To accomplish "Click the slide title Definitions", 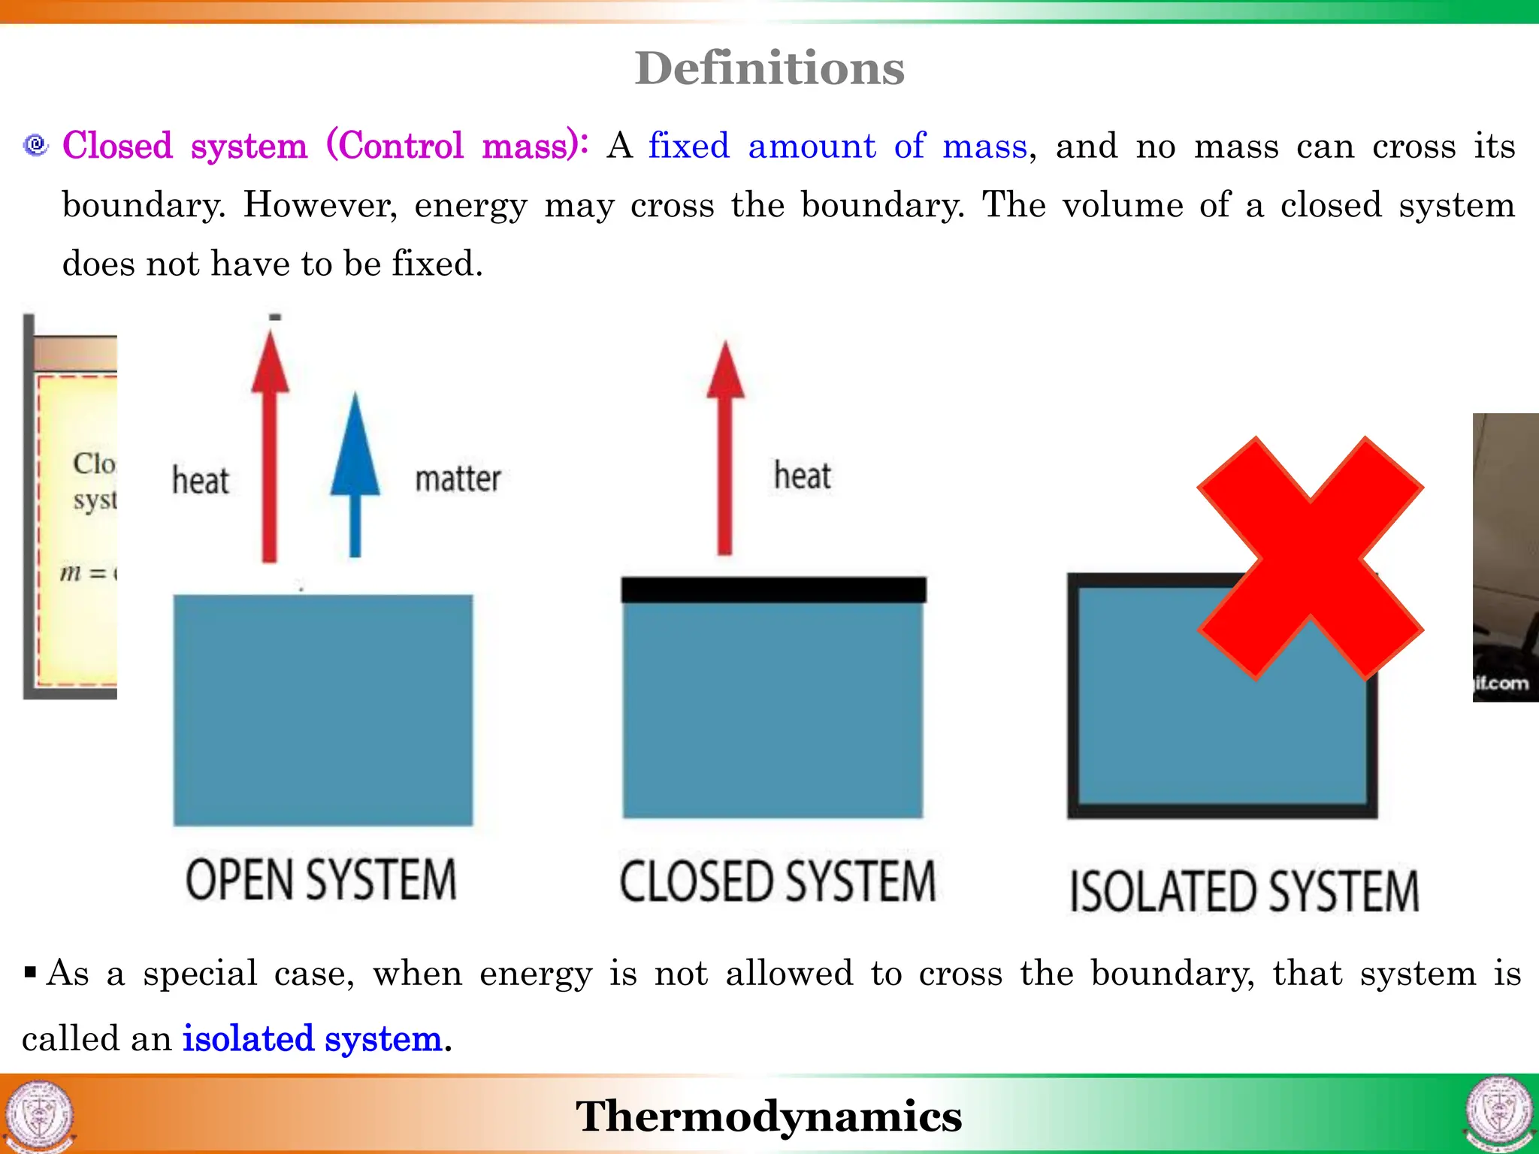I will coord(769,68).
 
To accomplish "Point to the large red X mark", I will coord(1310,558).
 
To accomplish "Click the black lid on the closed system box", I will coord(773,590).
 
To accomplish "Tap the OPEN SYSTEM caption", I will coord(321,880).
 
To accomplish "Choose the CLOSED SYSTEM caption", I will coord(777,881).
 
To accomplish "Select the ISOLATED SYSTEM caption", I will coord(1244,891).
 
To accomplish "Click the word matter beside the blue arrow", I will coord(458,479).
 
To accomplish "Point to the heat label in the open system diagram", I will coord(200,481).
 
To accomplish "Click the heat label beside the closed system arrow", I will coord(803,476).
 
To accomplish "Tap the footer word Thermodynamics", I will coord(769,1116).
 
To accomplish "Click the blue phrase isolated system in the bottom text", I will coord(312,1038).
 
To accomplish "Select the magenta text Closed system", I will coord(185,145).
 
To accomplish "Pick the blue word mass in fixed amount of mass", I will coord(984,145).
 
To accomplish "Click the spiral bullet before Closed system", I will coord(35,144).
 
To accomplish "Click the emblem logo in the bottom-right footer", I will coord(1498,1115).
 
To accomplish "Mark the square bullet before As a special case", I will coord(30,974).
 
